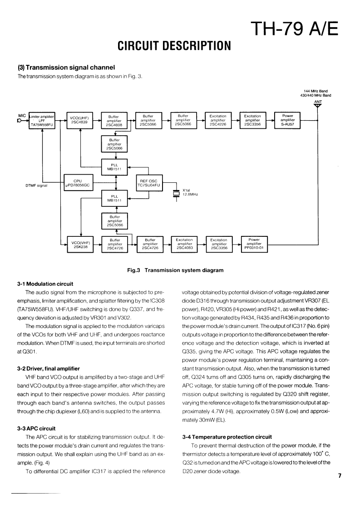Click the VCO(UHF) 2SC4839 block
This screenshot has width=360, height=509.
[79, 120]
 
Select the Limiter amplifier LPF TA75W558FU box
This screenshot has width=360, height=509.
[41, 120]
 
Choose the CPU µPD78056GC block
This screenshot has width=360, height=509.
[79, 182]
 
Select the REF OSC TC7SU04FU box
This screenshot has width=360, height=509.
[149, 182]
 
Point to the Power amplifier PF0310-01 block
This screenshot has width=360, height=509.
[255, 244]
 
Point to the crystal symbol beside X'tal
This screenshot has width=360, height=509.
[176, 194]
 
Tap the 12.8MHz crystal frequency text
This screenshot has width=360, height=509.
[191, 194]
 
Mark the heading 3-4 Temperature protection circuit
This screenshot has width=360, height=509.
[227, 437]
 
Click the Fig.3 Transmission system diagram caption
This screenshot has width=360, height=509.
[176, 270]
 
